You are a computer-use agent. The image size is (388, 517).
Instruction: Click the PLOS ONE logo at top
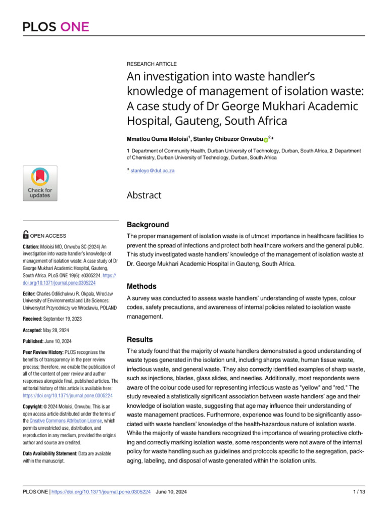[x=56, y=27]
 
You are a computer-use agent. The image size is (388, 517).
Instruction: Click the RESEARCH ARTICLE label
[x=152, y=64]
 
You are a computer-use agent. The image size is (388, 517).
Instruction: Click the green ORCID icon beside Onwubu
[x=266, y=139]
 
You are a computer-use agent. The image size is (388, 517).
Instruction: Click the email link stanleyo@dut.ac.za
[x=153, y=171]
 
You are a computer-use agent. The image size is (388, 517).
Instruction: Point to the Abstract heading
[x=144, y=195]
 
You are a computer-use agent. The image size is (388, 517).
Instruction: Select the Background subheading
[x=148, y=225]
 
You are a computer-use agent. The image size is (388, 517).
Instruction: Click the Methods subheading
[x=141, y=286]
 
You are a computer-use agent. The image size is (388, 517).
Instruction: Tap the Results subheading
[x=139, y=339]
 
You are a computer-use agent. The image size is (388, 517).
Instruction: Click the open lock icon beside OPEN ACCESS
[x=26, y=235]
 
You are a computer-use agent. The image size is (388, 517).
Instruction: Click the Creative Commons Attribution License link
[x=66, y=421]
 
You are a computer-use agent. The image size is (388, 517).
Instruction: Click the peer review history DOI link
[x=68, y=396]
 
